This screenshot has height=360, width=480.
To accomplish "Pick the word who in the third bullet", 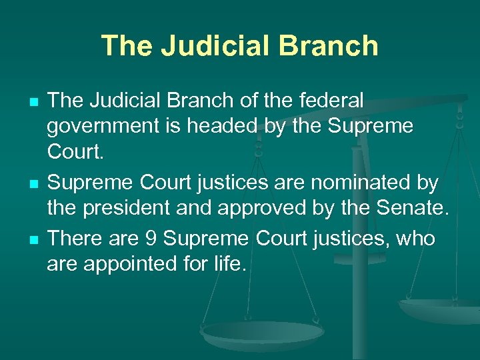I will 415,238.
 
